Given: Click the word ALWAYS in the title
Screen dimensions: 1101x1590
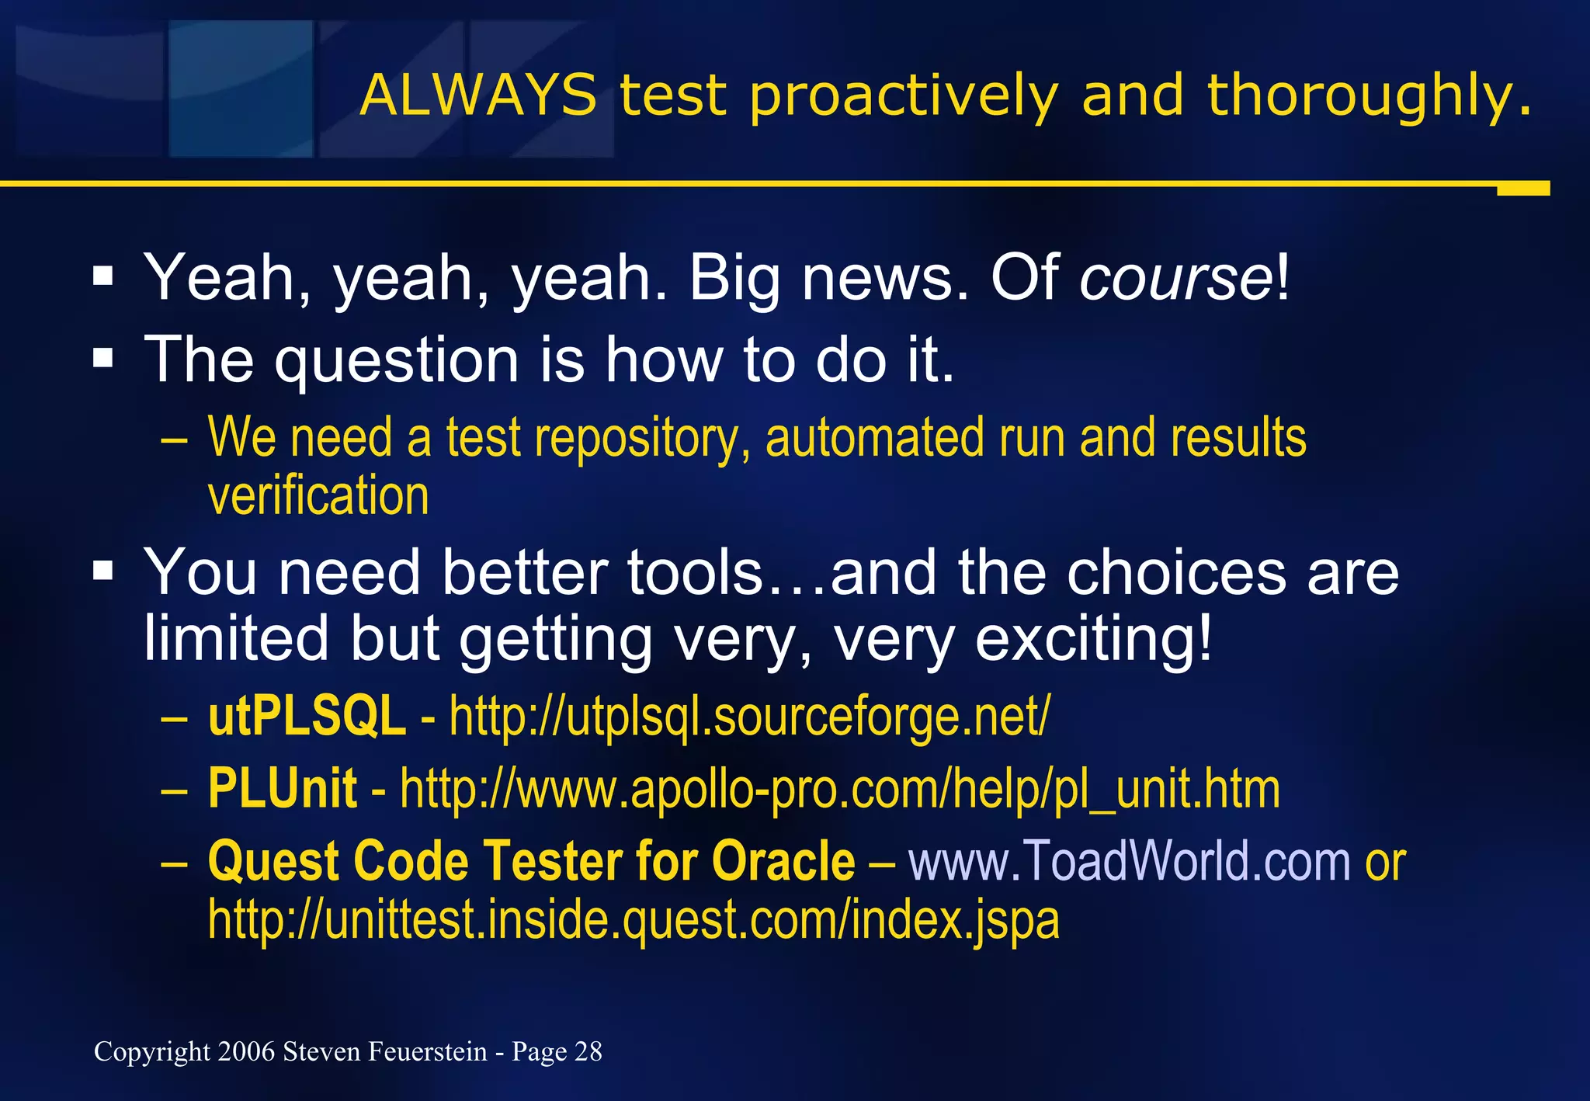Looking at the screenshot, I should coord(477,96).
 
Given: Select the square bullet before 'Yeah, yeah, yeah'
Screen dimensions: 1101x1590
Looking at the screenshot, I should coord(102,276).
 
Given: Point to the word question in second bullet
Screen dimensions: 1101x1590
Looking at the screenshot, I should coord(396,361).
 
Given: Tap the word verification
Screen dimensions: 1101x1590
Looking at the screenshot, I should coord(318,496).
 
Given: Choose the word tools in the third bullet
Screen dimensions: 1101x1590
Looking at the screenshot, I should coord(696,573).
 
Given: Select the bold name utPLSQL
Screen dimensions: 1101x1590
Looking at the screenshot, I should coord(307,716).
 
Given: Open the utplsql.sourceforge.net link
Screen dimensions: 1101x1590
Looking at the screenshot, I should coord(749,716).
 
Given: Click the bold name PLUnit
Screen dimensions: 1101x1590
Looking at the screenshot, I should coord(283,789).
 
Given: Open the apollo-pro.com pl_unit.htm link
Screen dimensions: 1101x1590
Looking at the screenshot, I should coord(839,789).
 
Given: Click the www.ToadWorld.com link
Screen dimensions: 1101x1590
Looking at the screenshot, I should coord(1130,862).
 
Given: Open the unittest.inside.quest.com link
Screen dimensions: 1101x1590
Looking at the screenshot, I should coord(633,920).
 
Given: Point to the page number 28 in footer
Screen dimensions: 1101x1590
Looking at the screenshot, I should coord(588,1051).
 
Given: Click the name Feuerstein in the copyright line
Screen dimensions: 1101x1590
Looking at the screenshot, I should coord(427,1051).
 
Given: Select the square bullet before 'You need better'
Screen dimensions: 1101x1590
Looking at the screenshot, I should coord(102,572).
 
